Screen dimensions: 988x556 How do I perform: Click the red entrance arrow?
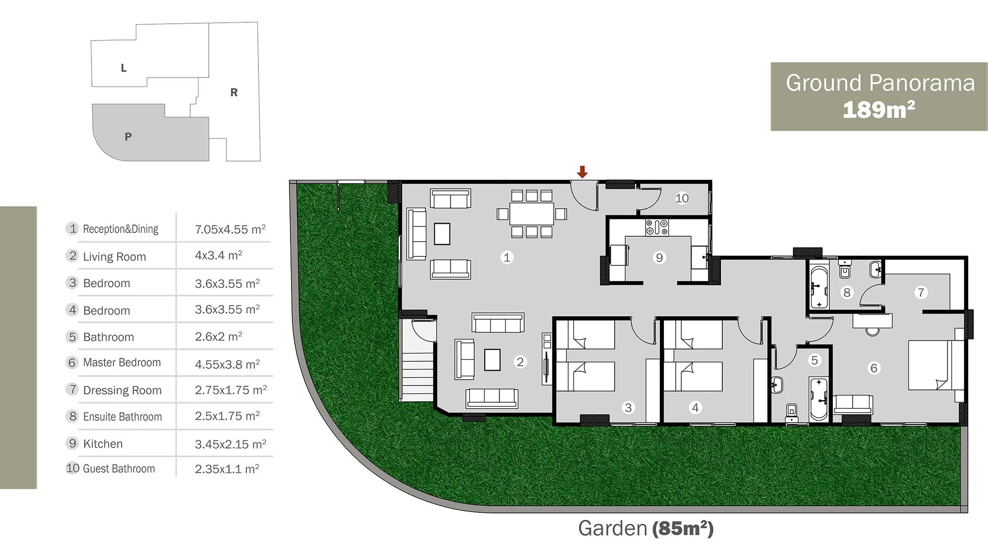582,172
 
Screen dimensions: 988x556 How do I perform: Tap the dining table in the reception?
532,214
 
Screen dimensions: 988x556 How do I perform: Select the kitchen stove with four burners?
657,227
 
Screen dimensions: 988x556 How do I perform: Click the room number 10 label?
682,198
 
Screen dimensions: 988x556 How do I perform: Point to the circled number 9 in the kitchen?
659,257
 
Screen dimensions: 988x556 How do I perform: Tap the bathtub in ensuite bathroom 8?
819,288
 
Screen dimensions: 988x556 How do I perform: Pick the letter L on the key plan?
123,68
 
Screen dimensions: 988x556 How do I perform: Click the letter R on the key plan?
234,92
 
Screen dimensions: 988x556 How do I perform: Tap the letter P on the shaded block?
128,136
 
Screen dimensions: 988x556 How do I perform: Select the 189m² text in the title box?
879,110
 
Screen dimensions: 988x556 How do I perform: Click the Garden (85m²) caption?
646,528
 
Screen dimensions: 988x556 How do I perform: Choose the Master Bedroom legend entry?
122,363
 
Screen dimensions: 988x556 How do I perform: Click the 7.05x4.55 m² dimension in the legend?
230,229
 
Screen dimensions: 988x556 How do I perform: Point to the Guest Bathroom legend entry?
119,469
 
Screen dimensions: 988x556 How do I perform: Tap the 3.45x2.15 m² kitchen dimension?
230,444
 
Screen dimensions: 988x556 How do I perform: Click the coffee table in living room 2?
492,360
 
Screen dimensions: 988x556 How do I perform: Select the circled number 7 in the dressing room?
920,293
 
